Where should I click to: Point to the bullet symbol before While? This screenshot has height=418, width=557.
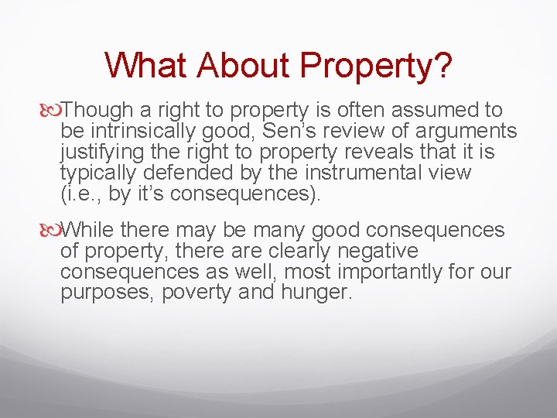(54, 230)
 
